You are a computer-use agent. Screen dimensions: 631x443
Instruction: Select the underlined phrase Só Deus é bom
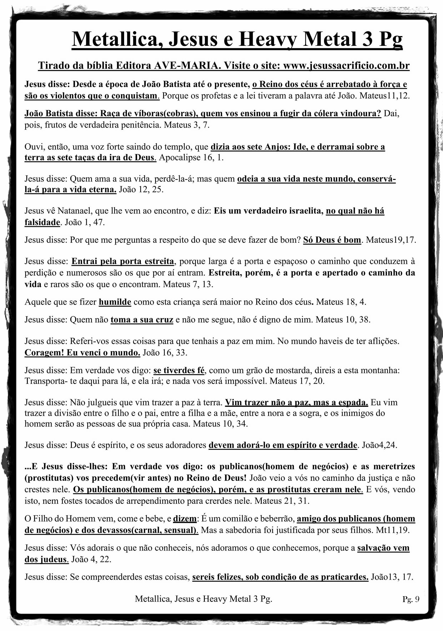pyautogui.click(x=332, y=240)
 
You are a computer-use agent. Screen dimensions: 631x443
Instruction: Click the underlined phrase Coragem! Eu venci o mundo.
pyautogui.click(x=82, y=353)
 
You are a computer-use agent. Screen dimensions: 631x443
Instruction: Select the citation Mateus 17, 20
pyautogui.click(x=297, y=381)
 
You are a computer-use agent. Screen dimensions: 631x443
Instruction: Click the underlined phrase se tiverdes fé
pyautogui.click(x=179, y=370)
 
